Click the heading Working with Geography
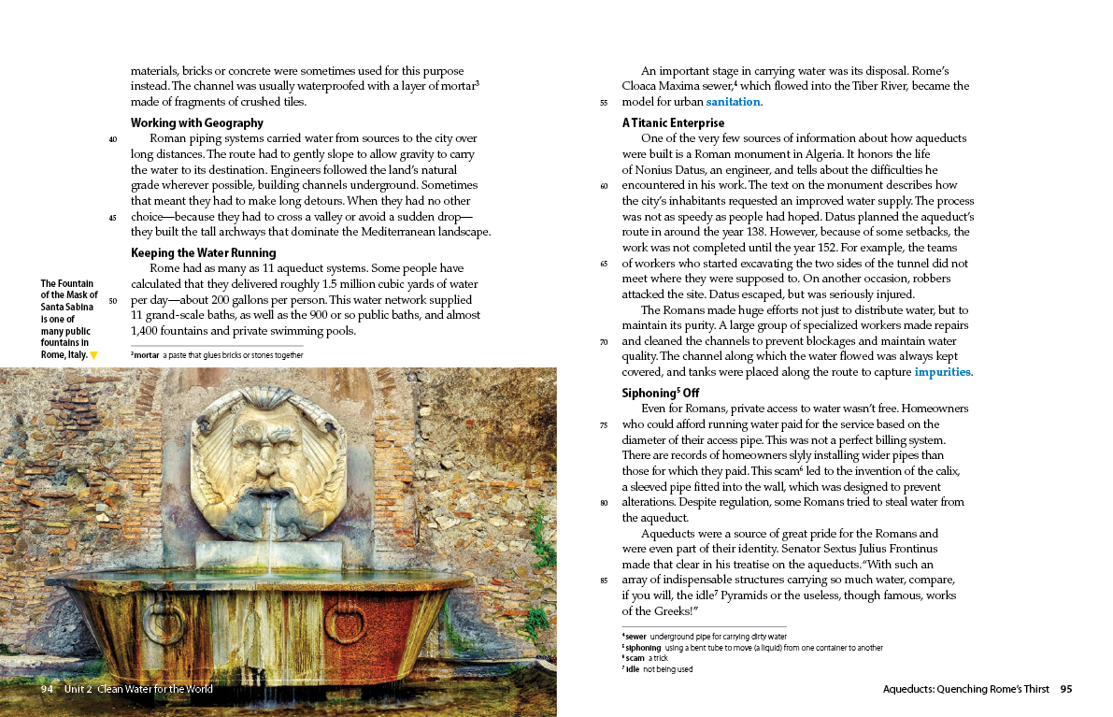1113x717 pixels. click(x=197, y=122)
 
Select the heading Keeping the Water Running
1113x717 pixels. click(x=203, y=252)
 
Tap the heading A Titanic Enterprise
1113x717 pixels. click(x=673, y=122)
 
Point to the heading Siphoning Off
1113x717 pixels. click(x=660, y=394)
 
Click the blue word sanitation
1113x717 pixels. click(x=734, y=102)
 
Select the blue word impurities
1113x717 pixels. click(x=942, y=372)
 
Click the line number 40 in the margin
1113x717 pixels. click(x=113, y=139)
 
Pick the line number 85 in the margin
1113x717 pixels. click(x=604, y=581)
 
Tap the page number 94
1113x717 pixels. click(x=47, y=690)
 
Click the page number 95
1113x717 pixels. click(x=1065, y=690)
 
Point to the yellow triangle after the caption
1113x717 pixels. click(x=93, y=355)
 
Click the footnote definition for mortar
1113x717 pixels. click(x=217, y=355)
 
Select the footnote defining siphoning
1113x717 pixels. click(x=752, y=648)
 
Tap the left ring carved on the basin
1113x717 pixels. click(x=164, y=622)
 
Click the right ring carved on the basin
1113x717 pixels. click(x=346, y=621)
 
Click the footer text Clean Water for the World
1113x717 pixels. click(x=154, y=690)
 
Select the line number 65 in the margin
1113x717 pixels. click(x=604, y=264)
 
